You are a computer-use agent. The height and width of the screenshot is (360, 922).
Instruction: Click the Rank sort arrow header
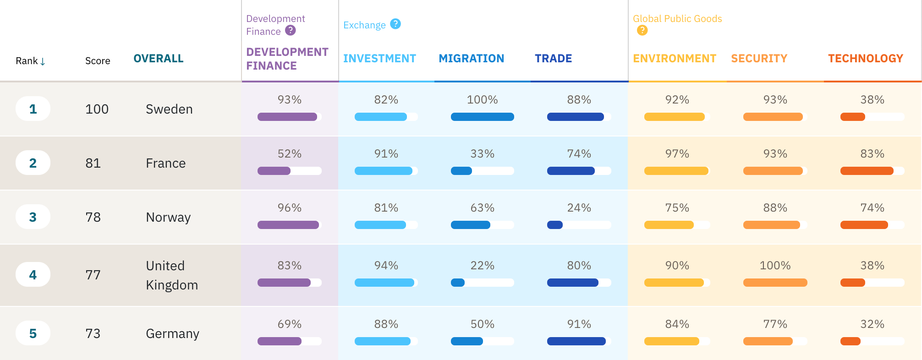pyautogui.click(x=31, y=61)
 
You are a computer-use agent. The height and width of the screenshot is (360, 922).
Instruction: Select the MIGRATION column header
pyautogui.click(x=471, y=59)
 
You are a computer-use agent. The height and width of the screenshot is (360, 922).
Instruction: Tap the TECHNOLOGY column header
pyautogui.click(x=865, y=59)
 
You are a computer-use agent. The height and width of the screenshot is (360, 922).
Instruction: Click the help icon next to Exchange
pyautogui.click(x=395, y=24)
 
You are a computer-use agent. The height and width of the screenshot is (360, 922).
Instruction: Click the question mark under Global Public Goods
pyautogui.click(x=642, y=30)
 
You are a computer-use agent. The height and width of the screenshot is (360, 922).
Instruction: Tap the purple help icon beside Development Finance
pyautogui.click(x=291, y=30)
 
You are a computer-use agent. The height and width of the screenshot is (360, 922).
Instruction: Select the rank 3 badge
pyautogui.click(x=33, y=217)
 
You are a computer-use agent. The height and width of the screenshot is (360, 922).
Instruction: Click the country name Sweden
pyautogui.click(x=169, y=109)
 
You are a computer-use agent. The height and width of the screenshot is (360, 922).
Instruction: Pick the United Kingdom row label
pyautogui.click(x=171, y=275)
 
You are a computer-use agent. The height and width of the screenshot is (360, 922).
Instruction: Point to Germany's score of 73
pyautogui.click(x=93, y=333)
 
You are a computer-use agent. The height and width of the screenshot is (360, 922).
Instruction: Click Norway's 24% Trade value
pyautogui.click(x=579, y=208)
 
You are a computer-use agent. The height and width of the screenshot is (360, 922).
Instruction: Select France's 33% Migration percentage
pyautogui.click(x=482, y=154)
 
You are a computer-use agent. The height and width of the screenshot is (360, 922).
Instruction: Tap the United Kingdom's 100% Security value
pyautogui.click(x=775, y=266)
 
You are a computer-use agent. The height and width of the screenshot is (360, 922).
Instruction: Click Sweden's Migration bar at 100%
pyautogui.click(x=482, y=117)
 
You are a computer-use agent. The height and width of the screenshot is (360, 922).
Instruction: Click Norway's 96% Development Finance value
pyautogui.click(x=289, y=208)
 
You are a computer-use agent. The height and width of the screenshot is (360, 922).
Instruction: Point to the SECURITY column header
pyautogui.click(x=759, y=59)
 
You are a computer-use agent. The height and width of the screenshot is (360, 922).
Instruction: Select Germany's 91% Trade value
pyautogui.click(x=579, y=324)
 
